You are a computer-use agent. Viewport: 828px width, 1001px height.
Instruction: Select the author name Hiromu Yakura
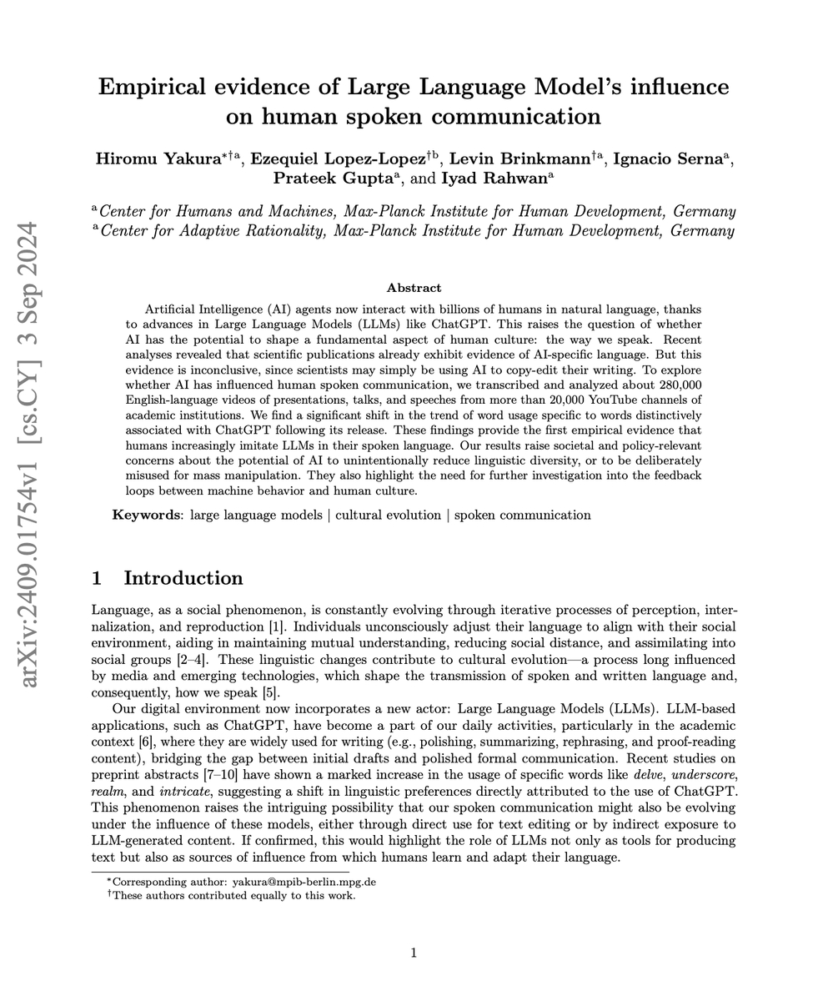click(157, 159)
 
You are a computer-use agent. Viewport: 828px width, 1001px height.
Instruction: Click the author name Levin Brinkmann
click(519, 159)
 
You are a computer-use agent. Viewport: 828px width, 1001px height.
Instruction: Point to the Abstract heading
click(414, 288)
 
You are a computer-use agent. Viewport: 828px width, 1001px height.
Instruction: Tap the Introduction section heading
click(183, 578)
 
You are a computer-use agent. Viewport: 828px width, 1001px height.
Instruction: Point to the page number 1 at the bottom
click(414, 953)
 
